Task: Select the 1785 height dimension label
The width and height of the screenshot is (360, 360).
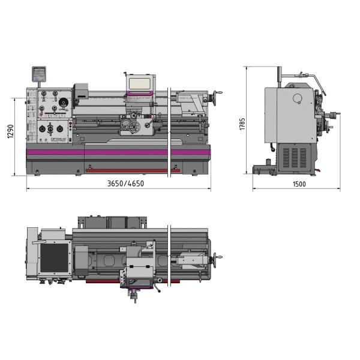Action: (x=242, y=124)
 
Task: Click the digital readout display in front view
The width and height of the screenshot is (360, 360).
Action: (x=37, y=73)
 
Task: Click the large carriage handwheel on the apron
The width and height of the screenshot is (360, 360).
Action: (x=149, y=125)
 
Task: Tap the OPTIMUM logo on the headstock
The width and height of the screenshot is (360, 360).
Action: (x=59, y=137)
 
